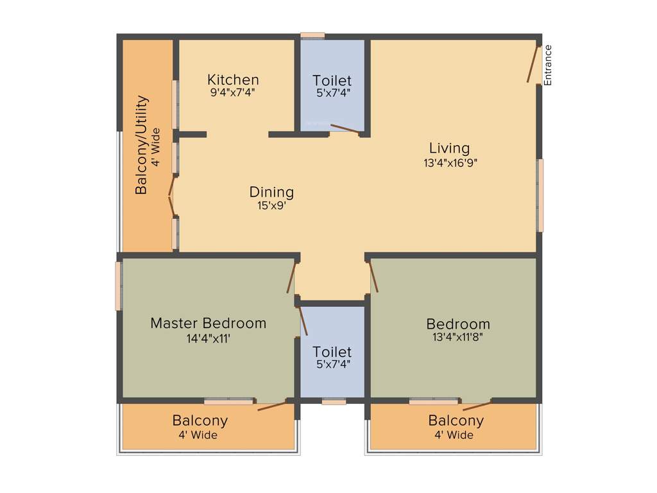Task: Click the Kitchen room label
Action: (233, 80)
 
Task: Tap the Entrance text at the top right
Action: (547, 65)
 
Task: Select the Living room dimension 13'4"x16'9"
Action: (450, 163)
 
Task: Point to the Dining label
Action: (271, 192)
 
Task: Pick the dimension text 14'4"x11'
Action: (208, 338)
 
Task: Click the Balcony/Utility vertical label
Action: (142, 145)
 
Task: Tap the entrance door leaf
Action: (533, 64)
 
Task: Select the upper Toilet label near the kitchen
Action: (332, 80)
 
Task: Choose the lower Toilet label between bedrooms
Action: (332, 352)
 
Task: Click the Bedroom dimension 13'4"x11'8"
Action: (458, 337)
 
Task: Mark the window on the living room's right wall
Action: (540, 195)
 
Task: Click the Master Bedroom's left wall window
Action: (119, 286)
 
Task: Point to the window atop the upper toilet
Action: (312, 35)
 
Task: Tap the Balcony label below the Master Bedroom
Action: (200, 421)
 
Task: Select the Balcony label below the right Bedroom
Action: (456, 421)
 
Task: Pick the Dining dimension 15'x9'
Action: (271, 205)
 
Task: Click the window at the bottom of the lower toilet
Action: (334, 402)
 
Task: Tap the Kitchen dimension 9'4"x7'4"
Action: (233, 92)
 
